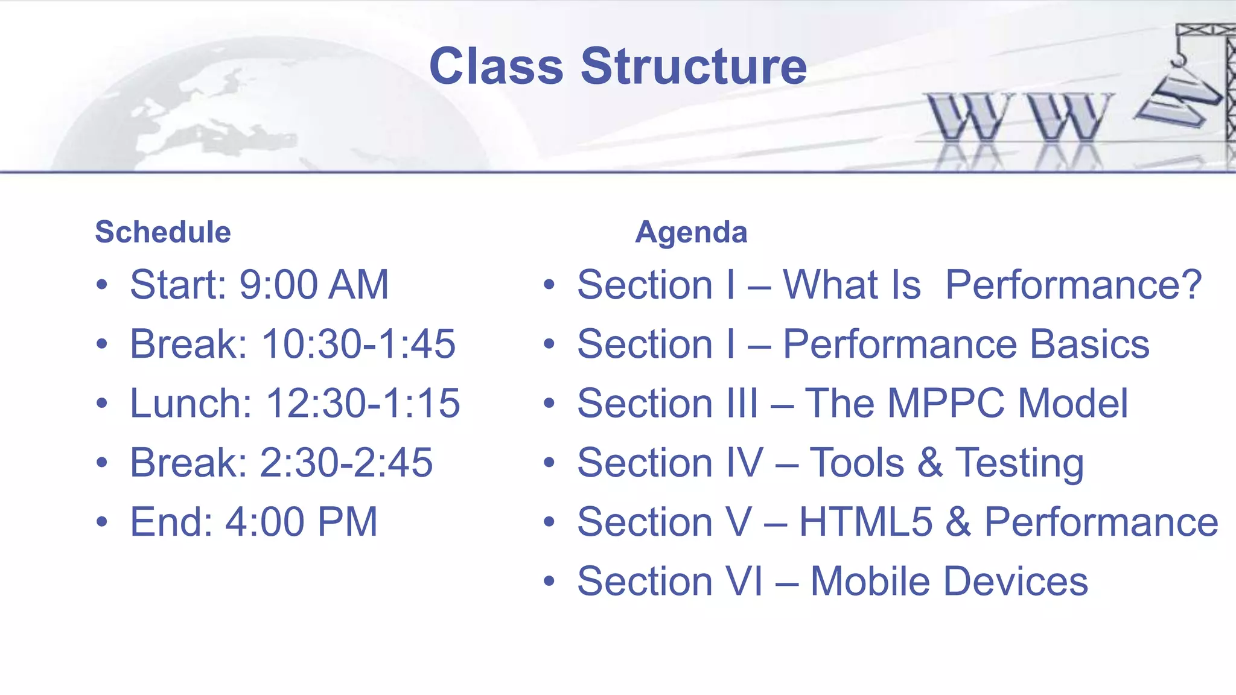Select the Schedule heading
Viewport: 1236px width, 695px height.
tap(163, 232)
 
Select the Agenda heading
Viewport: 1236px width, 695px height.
tap(691, 232)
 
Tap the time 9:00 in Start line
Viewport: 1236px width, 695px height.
tap(278, 285)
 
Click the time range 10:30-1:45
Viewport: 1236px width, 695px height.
tap(358, 344)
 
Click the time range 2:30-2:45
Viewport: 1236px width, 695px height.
tap(346, 463)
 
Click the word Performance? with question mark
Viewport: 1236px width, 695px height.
tap(1073, 285)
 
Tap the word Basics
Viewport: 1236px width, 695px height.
tap(1089, 344)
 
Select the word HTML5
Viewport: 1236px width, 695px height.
tap(866, 522)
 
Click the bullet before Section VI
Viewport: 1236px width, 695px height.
tap(549, 582)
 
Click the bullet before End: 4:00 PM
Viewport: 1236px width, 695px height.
tap(102, 522)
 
